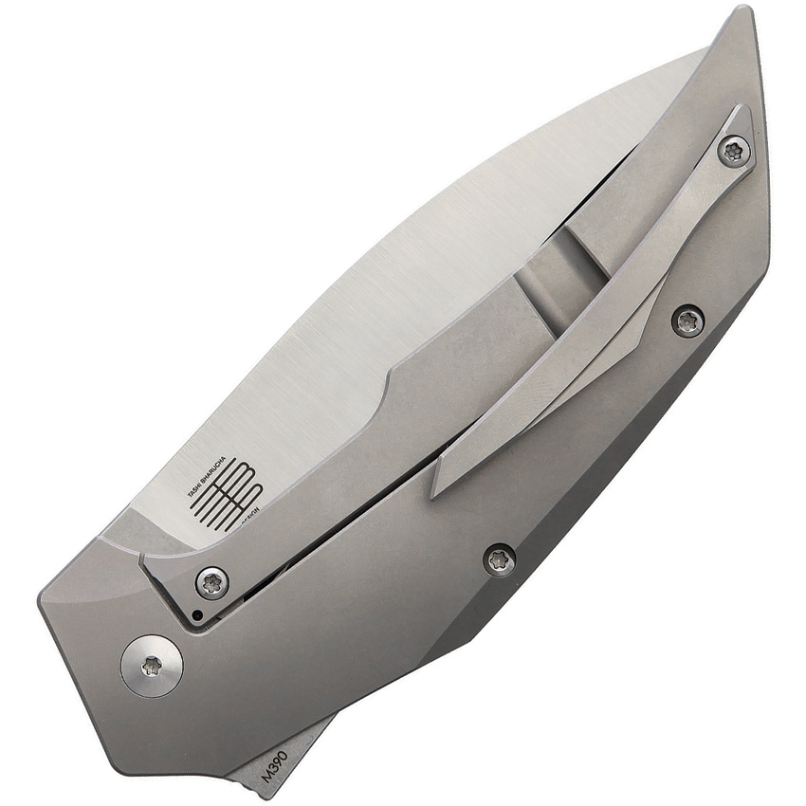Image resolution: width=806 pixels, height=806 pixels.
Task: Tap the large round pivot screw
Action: [x=152, y=666]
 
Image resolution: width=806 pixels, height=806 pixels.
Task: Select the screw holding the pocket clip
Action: [x=733, y=150]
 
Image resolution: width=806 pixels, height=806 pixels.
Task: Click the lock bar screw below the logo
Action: [x=211, y=582]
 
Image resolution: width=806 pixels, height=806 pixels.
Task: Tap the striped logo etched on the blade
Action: [x=227, y=494]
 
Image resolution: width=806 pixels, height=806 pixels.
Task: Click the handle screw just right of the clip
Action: [x=687, y=321]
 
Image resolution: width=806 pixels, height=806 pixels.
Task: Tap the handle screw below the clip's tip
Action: [x=500, y=559]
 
